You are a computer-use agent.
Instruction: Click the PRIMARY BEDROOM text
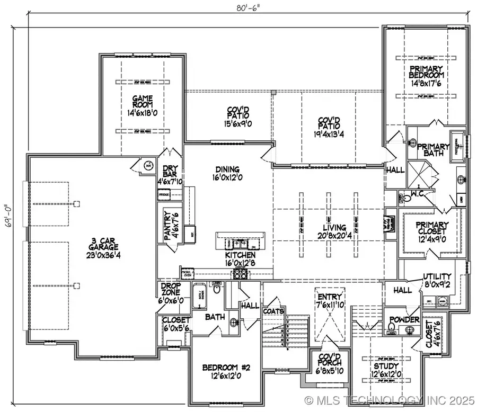click(425, 76)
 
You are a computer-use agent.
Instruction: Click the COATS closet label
click(273, 311)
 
